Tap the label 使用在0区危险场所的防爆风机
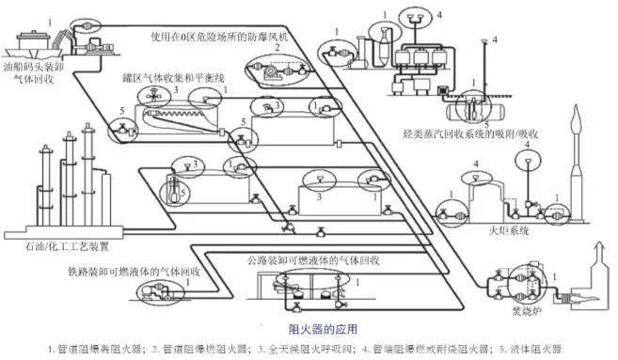point(217,37)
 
